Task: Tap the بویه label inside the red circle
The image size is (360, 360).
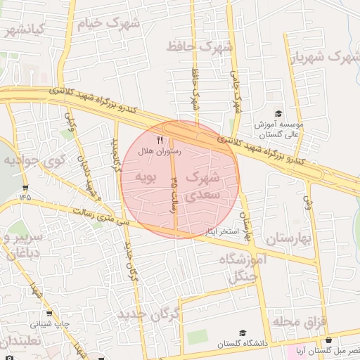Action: (144, 175)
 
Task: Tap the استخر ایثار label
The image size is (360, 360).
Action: (221, 231)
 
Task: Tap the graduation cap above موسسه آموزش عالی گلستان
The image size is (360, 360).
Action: (278, 113)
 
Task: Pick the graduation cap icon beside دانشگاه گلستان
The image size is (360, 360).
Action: (243, 333)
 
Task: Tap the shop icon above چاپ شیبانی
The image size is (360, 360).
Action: (49, 314)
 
